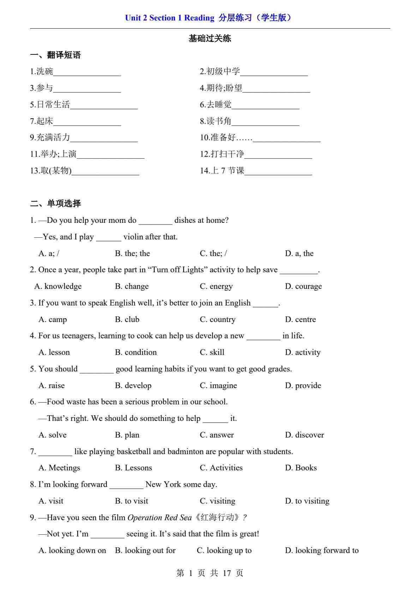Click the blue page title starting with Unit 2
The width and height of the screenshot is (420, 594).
[x=210, y=18]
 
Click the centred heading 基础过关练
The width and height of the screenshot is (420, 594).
[x=210, y=38]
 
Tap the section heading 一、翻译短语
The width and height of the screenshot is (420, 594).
[x=55, y=55]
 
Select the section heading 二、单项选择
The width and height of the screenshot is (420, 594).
[x=55, y=203]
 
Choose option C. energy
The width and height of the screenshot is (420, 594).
[x=216, y=286]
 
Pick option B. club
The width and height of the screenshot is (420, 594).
[x=127, y=320]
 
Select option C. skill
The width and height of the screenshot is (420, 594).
[x=212, y=352]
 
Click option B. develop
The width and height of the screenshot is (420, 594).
[x=133, y=386]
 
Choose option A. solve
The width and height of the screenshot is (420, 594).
[x=52, y=435]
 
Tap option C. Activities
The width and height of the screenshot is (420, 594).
[x=221, y=468]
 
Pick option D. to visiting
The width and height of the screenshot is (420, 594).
[x=307, y=501]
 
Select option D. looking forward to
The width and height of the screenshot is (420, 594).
[x=322, y=551]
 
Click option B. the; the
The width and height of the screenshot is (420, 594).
[x=132, y=254]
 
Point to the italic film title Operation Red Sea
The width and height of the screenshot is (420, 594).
[x=160, y=518]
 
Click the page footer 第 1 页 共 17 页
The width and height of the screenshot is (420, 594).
[x=210, y=573]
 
